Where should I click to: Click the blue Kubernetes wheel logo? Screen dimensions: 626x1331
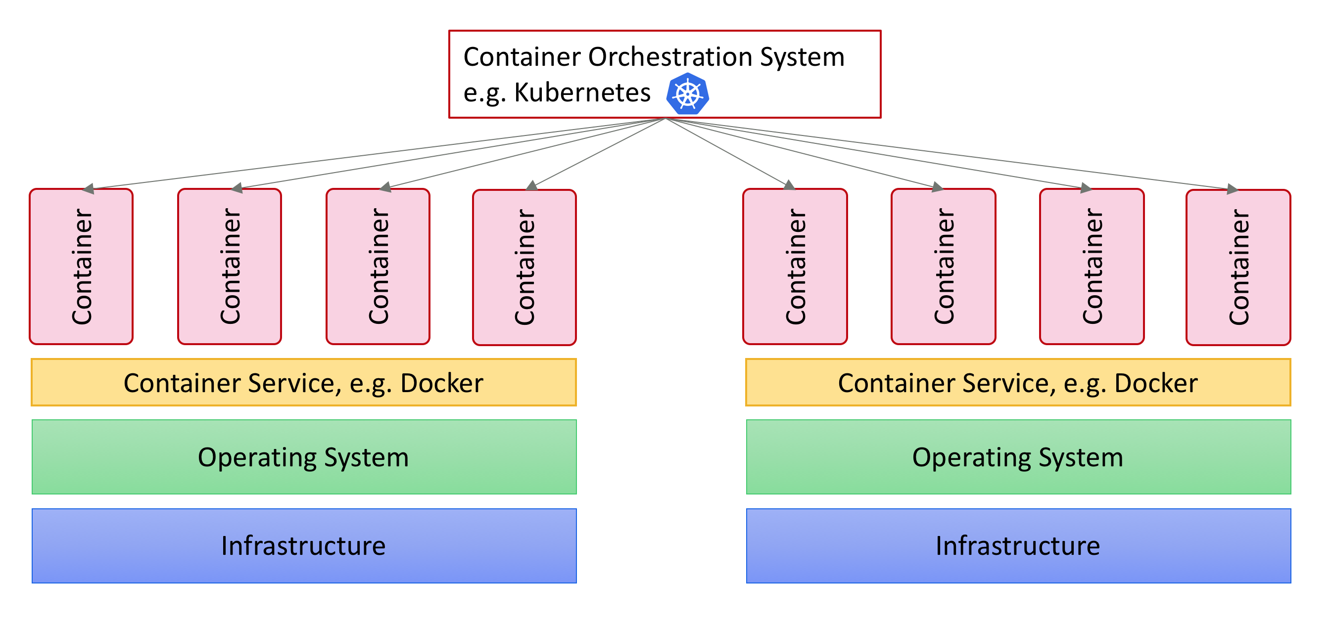687,94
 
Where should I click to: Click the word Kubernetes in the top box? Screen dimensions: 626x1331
582,93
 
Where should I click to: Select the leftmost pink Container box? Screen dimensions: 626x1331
81,267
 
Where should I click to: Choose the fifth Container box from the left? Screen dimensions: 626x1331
795,267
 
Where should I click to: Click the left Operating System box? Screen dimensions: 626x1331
304,457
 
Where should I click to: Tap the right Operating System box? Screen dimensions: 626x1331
1018,457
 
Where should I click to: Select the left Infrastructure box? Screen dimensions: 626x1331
304,546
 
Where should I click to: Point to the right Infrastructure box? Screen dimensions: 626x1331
1018,546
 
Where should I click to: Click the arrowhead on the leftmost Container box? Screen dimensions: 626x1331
88,189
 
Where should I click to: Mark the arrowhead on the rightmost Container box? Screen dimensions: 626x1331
1233,189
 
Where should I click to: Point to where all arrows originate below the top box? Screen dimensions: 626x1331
665,119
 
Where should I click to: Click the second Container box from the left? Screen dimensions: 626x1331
230,267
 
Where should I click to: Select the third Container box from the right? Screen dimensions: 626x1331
943,267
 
